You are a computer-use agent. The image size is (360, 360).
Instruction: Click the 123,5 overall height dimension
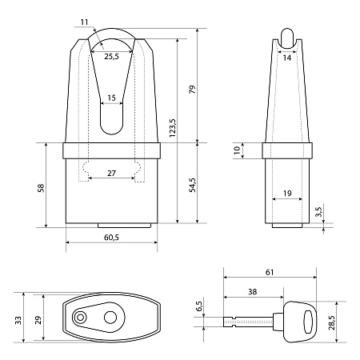click(x=173, y=128)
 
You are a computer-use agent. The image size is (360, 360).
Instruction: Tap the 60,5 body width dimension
click(x=111, y=238)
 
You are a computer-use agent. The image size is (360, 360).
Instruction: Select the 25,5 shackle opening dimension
click(x=111, y=56)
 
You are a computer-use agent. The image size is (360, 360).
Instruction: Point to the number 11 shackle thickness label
click(x=84, y=22)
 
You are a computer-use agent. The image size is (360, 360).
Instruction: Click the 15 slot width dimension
click(x=111, y=98)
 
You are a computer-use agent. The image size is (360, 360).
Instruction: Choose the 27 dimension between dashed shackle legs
click(x=111, y=174)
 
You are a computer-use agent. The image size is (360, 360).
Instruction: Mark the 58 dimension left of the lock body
click(x=41, y=188)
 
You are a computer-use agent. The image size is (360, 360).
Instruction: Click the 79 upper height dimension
click(x=192, y=90)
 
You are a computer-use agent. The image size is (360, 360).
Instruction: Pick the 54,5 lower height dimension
click(x=192, y=185)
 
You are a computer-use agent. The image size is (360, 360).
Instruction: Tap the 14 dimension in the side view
click(x=287, y=58)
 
